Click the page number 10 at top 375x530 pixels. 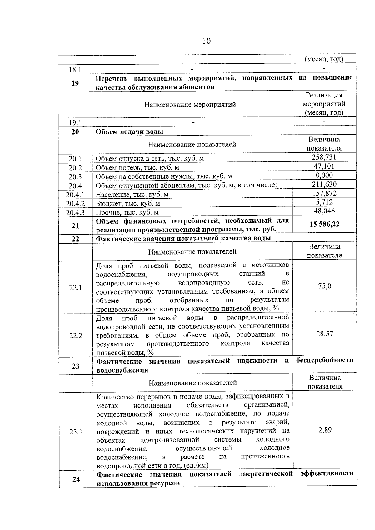click(x=206, y=41)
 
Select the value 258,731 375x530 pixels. click(x=324, y=157)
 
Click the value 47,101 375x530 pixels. click(x=324, y=166)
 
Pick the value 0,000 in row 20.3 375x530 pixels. click(x=324, y=175)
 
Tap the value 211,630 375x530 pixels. click(x=324, y=184)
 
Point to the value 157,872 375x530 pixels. click(x=324, y=193)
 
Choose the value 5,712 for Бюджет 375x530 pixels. click(x=324, y=202)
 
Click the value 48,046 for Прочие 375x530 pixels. click(x=324, y=211)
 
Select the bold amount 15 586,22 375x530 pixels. click(x=324, y=224)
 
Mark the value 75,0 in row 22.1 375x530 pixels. click(x=324, y=286)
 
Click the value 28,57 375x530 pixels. click(x=325, y=334)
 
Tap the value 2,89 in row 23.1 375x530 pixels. click(x=325, y=430)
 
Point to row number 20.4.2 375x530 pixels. click(x=75, y=204)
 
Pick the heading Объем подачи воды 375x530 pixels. click(x=129, y=131)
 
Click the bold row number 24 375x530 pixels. click(x=76, y=479)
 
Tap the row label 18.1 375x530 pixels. click(x=75, y=69)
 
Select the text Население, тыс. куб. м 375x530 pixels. click(x=132, y=195)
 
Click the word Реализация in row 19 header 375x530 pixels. click(x=324, y=95)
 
